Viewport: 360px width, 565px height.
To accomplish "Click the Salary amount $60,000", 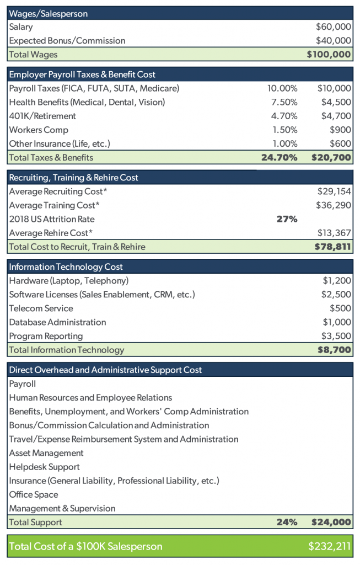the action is point(334,26).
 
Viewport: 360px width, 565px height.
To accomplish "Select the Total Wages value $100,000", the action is point(329,55).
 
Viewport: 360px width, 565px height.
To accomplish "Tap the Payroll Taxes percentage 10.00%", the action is point(282,88).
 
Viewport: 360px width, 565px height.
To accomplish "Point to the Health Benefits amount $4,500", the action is point(336,102).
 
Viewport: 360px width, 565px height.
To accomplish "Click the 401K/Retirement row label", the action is point(42,116).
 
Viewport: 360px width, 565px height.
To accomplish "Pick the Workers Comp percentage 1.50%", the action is point(285,130).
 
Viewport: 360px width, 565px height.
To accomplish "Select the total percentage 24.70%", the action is point(280,157).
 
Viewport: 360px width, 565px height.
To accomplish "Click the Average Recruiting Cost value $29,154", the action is point(334,191).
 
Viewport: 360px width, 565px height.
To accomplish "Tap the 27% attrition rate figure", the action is point(287,219).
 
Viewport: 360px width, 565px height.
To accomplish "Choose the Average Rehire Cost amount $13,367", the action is point(334,233).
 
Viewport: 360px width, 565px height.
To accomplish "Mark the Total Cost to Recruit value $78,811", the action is point(332,247).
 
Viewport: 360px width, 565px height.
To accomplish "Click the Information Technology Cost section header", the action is point(66,266).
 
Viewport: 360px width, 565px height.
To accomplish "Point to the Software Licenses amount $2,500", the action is point(336,295).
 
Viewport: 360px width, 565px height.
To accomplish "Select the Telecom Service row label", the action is point(41,308).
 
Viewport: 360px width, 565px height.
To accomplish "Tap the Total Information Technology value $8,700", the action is point(334,350).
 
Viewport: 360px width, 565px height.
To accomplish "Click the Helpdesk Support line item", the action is point(45,467).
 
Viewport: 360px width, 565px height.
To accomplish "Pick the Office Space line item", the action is point(34,495).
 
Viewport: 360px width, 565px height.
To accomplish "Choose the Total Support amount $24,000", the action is point(331,522).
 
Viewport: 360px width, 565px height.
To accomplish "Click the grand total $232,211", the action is point(329,546).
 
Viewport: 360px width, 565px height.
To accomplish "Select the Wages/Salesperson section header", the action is point(49,14).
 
